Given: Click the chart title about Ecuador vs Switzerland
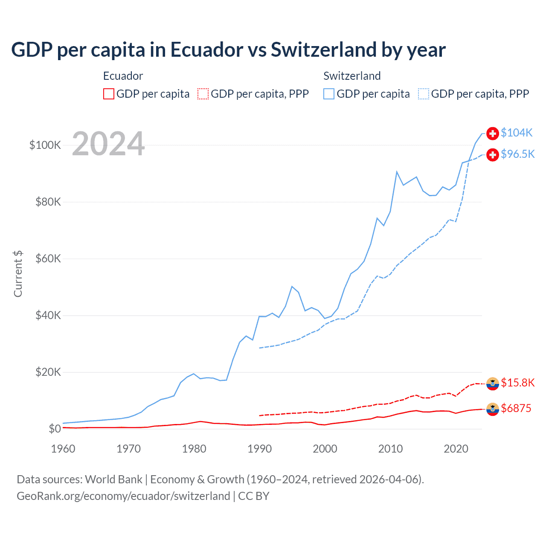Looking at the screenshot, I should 228,50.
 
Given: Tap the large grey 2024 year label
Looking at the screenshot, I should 108,144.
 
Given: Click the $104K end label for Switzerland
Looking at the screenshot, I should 517,133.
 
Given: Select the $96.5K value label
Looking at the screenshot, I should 517,154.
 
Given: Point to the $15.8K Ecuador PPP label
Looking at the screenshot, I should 517,383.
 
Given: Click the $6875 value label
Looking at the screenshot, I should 516,408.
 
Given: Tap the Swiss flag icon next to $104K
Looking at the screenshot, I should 493,133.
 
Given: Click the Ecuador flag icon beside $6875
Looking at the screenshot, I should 493,409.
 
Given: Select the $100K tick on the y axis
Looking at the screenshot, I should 45,145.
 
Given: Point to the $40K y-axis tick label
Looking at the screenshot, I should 48,315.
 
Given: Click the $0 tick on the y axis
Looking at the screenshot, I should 55,429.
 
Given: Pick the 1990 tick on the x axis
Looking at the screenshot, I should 259,449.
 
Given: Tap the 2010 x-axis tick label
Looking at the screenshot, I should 390,449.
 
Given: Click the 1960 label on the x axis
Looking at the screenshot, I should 63,449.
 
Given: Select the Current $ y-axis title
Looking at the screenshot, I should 18,274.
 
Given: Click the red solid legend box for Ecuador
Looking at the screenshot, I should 109,94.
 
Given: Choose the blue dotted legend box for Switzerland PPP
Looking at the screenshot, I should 424,94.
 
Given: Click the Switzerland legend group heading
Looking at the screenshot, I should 352,76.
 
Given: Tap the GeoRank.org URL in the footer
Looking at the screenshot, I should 123,496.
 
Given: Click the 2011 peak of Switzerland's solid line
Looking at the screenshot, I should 397,172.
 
